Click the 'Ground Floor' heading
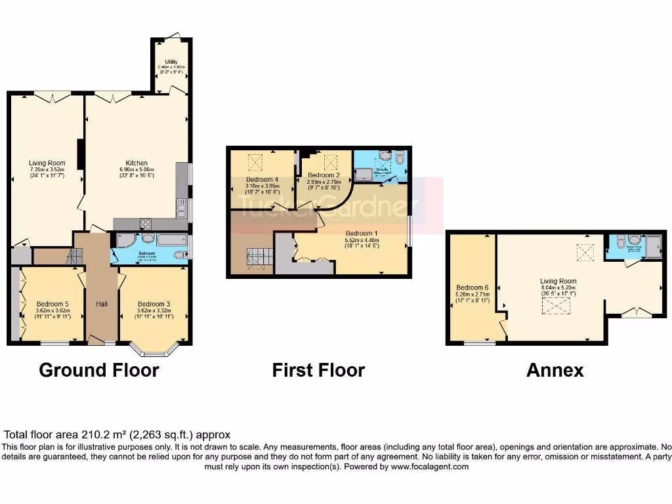pyautogui.click(x=99, y=370)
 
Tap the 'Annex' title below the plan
pyautogui.click(x=555, y=370)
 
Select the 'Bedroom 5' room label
pyautogui.click(x=51, y=304)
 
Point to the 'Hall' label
pyautogui.click(x=102, y=304)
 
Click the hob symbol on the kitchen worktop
pyautogui.click(x=146, y=223)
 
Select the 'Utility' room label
pyautogui.click(x=171, y=62)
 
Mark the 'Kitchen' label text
pyautogui.click(x=136, y=163)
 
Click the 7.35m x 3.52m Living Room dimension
pyautogui.click(x=47, y=169)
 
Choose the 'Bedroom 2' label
pyautogui.click(x=324, y=175)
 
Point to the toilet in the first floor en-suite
pyautogui.click(x=400, y=157)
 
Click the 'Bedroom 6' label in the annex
pyautogui.click(x=472, y=287)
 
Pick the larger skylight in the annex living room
pyautogui.click(x=556, y=305)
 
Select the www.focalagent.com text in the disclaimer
pyautogui.click(x=430, y=467)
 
